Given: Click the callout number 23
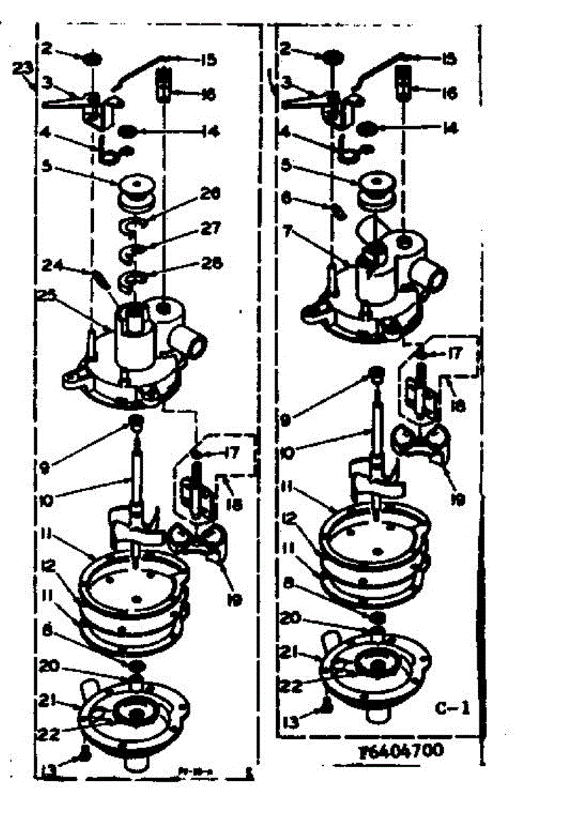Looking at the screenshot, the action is coord(23,68).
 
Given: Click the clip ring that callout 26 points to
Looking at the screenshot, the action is coord(130,226).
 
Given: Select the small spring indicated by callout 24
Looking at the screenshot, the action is coord(101,279).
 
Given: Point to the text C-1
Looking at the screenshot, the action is coord(452,707).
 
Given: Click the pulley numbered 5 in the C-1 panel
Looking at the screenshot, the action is coord(375,188).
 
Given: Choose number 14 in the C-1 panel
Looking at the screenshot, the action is coord(449,127).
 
